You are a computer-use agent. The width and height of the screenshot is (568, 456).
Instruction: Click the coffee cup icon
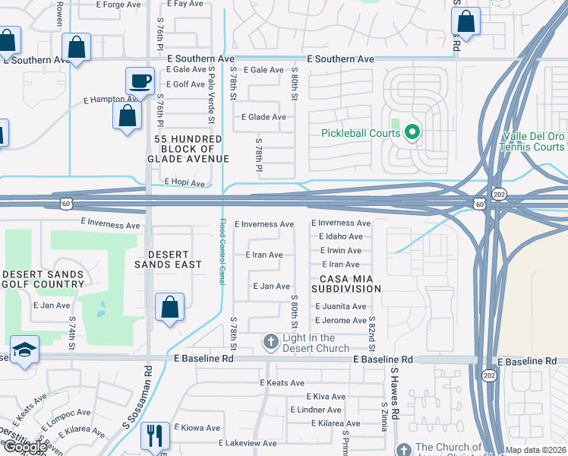tap(140, 81)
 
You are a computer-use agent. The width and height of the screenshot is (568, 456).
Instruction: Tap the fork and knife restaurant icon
tap(155, 436)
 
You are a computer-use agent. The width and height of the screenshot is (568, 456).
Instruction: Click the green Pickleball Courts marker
tap(412, 133)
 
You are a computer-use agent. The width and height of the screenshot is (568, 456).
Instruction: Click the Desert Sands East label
tap(168, 259)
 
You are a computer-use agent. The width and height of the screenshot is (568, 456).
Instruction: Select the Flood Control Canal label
tap(222, 252)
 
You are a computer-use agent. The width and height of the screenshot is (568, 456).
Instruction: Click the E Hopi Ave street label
tap(185, 183)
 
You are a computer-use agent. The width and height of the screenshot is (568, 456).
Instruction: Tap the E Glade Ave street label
tap(263, 117)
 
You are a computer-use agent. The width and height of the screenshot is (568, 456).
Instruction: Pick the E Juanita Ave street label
tap(339, 306)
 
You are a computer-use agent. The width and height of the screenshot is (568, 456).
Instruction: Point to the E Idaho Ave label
tap(340, 236)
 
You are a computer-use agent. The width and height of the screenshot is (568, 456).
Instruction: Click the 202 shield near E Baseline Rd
tap(488, 375)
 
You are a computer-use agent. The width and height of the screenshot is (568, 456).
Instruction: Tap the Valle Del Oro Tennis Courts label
tap(534, 141)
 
